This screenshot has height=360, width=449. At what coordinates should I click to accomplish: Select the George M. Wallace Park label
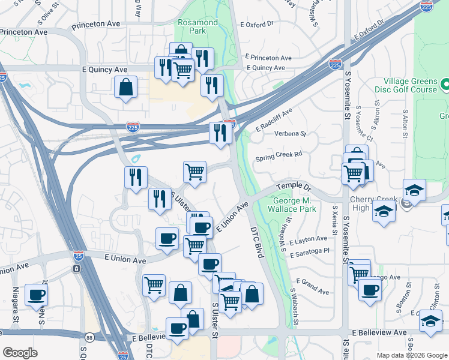pos(295,205)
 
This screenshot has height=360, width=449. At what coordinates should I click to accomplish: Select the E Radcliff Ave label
pos(274,120)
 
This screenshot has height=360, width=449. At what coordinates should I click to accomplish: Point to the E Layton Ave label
pos(308,240)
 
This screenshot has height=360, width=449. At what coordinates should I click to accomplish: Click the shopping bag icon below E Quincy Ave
pos(126,86)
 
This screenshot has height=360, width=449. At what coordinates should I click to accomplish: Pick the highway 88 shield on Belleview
pos(89,337)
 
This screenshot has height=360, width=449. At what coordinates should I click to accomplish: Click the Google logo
pos(20,353)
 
